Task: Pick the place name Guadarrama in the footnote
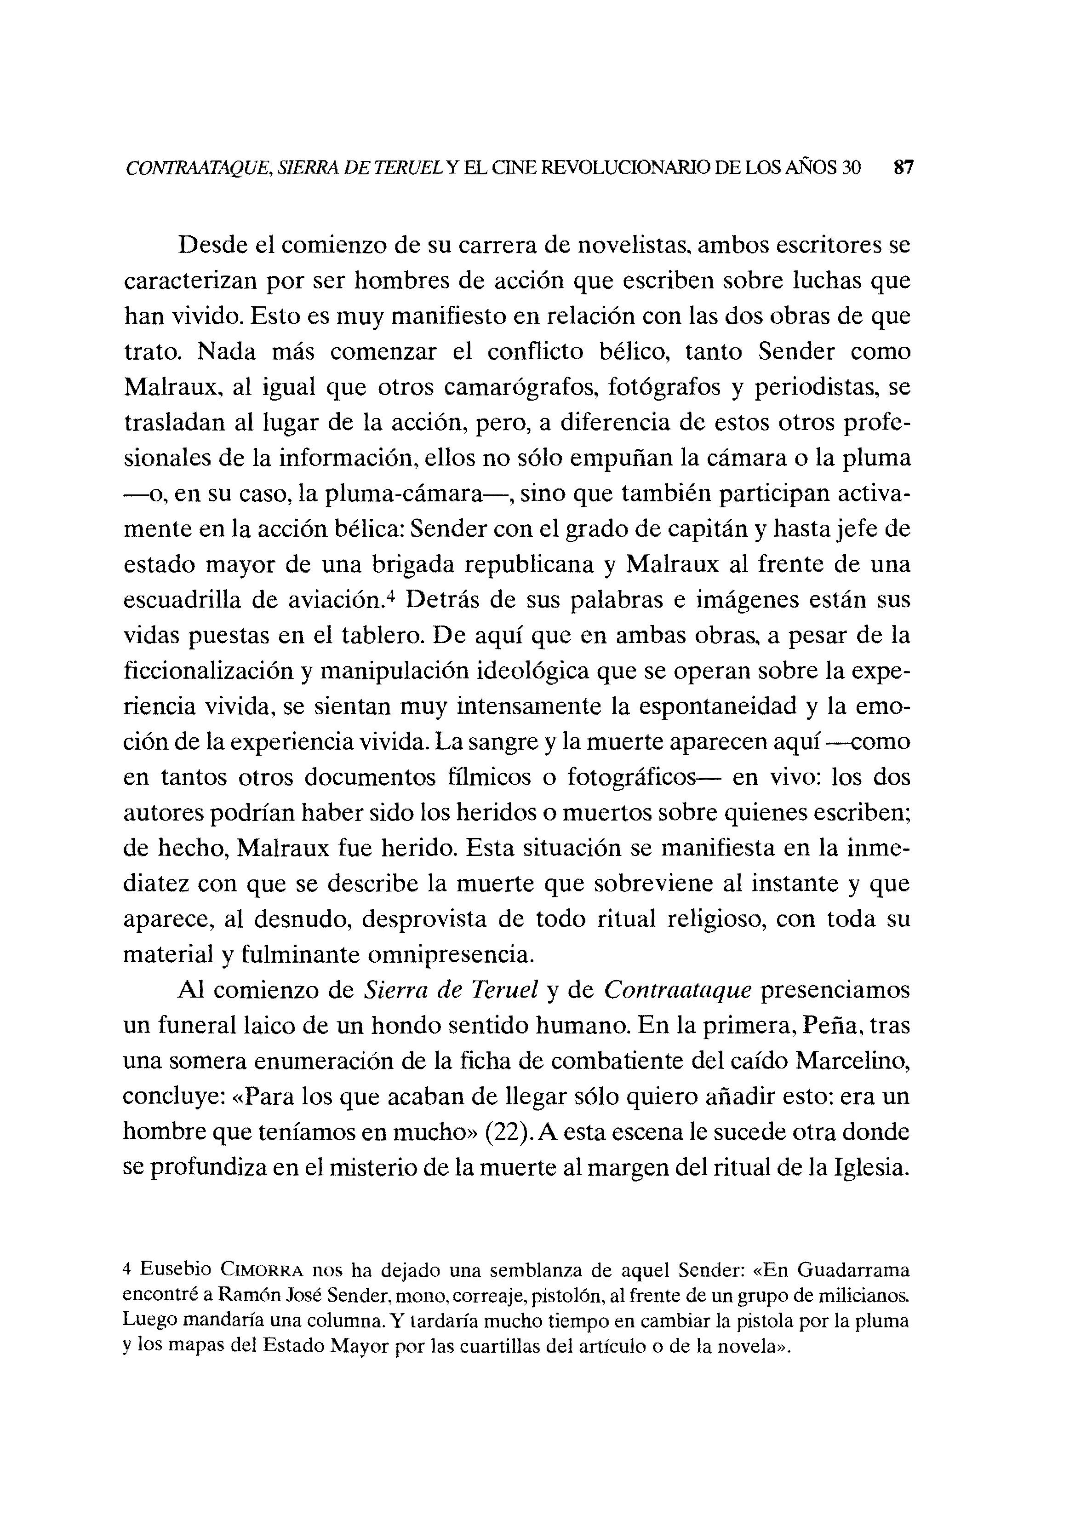pos(852,1270)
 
